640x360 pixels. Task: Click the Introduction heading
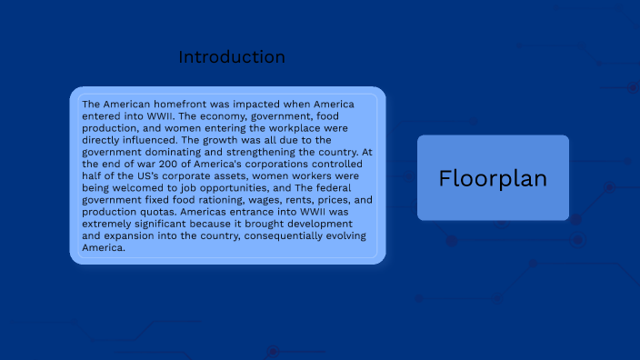point(232,57)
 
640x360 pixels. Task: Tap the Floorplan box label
point(493,178)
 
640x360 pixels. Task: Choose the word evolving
point(339,235)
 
